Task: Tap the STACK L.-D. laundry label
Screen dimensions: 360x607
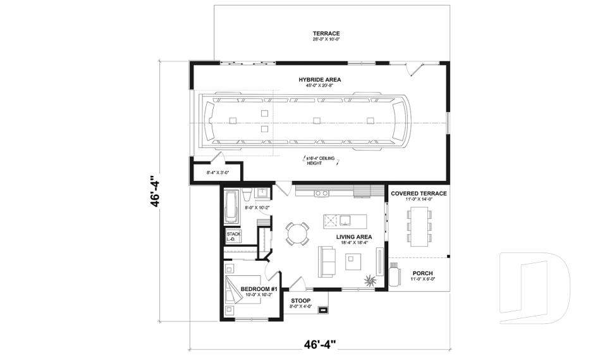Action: click(x=233, y=237)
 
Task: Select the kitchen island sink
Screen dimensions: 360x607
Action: click(x=345, y=221)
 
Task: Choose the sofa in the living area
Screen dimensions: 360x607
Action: click(x=327, y=261)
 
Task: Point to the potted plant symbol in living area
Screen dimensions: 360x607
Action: click(x=369, y=278)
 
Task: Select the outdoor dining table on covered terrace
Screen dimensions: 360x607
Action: click(x=419, y=225)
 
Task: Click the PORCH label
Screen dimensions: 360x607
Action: click(x=422, y=273)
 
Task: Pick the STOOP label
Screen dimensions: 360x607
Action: click(x=301, y=301)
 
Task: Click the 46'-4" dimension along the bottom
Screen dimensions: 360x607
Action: click(x=320, y=345)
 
